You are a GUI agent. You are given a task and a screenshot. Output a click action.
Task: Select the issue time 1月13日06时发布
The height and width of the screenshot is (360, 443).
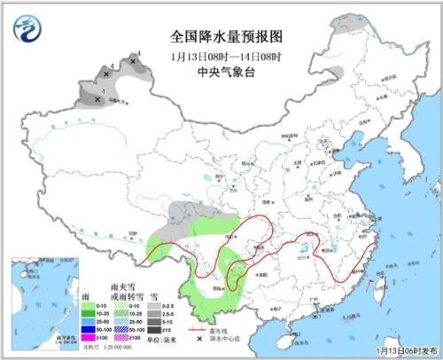click(402, 350)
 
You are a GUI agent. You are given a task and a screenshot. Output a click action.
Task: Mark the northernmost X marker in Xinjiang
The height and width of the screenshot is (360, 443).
click(133, 61)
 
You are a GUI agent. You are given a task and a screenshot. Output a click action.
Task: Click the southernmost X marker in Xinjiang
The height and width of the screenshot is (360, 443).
click(97, 99)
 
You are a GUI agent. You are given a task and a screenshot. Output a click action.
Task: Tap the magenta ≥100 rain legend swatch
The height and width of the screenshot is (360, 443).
click(89, 339)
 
